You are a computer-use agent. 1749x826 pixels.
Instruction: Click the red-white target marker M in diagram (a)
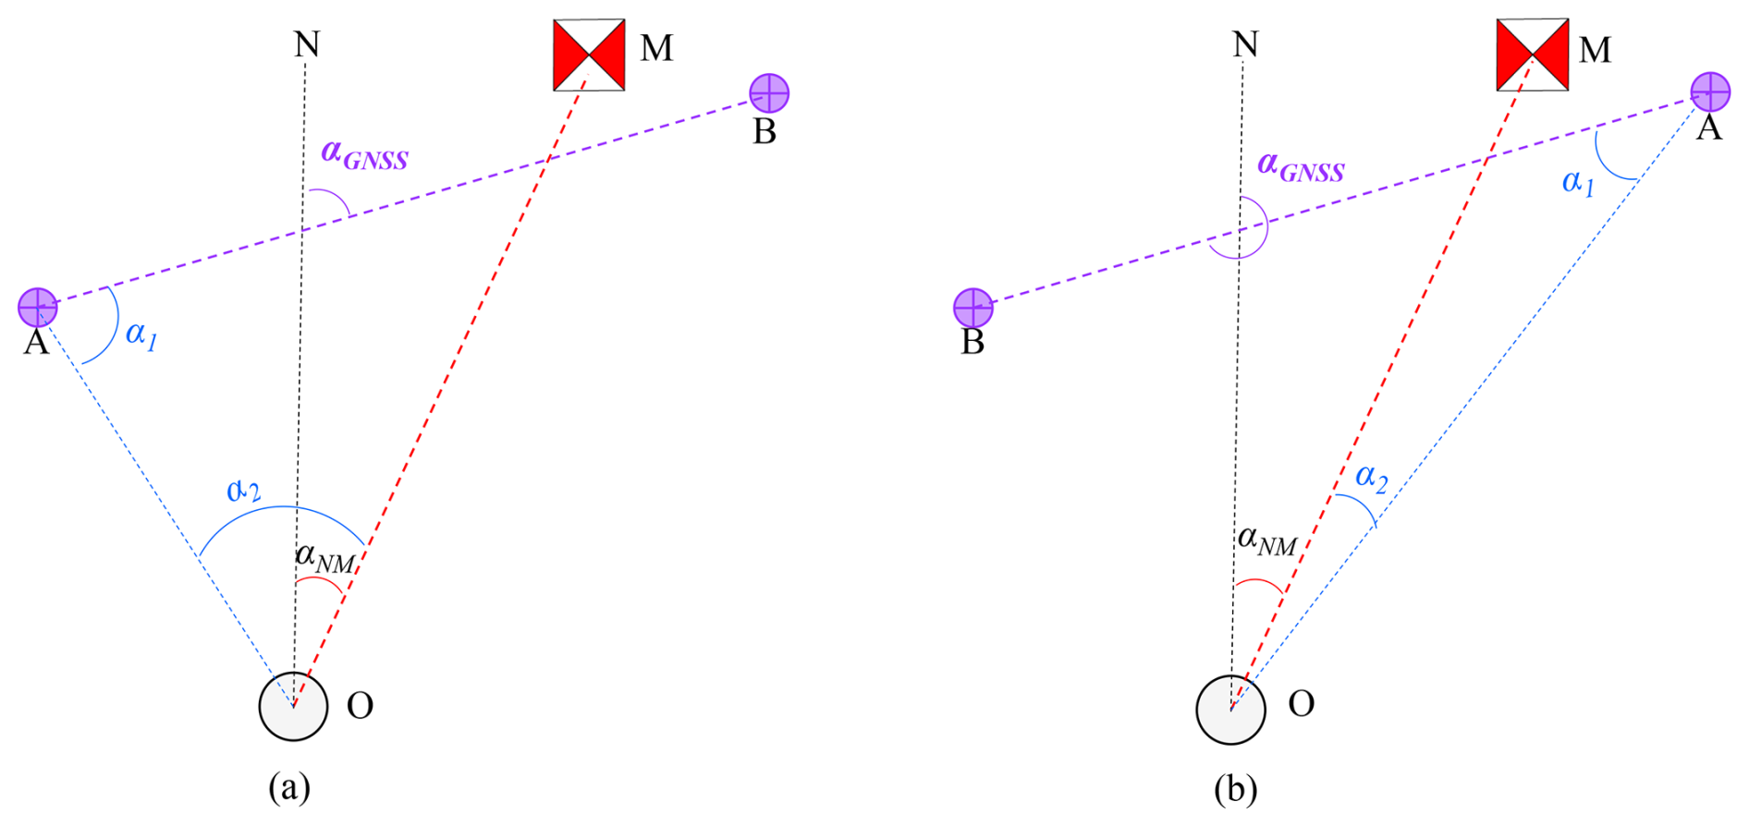(x=589, y=55)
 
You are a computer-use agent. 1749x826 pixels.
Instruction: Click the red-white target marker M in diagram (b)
(x=1532, y=55)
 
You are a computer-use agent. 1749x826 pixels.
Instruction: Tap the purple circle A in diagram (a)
(x=38, y=307)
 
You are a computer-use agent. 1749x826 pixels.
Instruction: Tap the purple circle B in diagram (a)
(x=768, y=93)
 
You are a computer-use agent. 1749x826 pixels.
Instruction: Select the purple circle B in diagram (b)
(x=972, y=308)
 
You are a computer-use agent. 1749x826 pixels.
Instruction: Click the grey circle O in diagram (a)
(x=293, y=707)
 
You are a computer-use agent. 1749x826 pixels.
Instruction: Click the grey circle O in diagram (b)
(x=1230, y=709)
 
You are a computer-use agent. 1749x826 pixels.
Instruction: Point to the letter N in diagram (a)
(x=307, y=44)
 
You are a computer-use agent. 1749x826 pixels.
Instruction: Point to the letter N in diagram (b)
(x=1245, y=44)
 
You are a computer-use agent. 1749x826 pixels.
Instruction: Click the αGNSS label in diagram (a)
(x=364, y=155)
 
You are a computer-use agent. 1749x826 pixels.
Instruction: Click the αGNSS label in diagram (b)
(x=1301, y=167)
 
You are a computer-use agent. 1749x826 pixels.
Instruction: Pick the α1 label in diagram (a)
(x=141, y=334)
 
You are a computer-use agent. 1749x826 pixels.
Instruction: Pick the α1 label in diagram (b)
(x=1578, y=183)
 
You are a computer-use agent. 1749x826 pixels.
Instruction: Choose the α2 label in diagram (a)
(x=244, y=490)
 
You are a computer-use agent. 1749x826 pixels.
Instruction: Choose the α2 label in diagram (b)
(x=1371, y=479)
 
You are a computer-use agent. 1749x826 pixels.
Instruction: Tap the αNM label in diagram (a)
(x=324, y=558)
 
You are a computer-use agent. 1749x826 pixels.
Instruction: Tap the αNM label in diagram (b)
(x=1267, y=541)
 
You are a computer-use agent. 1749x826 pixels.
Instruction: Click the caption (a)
(x=289, y=788)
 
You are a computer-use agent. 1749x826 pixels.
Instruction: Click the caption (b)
(x=1236, y=789)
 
